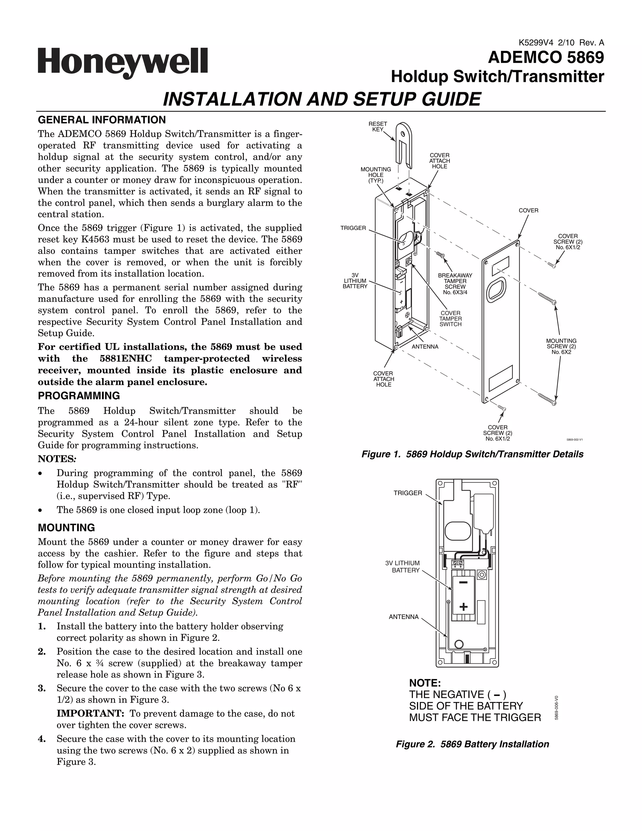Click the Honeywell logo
click(x=123, y=63)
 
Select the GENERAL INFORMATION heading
click(x=102, y=120)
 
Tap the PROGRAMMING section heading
click(x=79, y=396)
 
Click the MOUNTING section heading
click(x=66, y=528)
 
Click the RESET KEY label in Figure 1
click(x=378, y=127)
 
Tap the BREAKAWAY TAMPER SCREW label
click(x=455, y=284)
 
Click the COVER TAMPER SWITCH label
click(x=450, y=319)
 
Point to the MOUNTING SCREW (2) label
click(x=561, y=346)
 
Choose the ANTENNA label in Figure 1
click(x=425, y=347)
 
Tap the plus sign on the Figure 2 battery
click(x=463, y=606)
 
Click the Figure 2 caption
click(x=472, y=744)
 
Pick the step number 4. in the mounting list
click(x=42, y=739)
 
